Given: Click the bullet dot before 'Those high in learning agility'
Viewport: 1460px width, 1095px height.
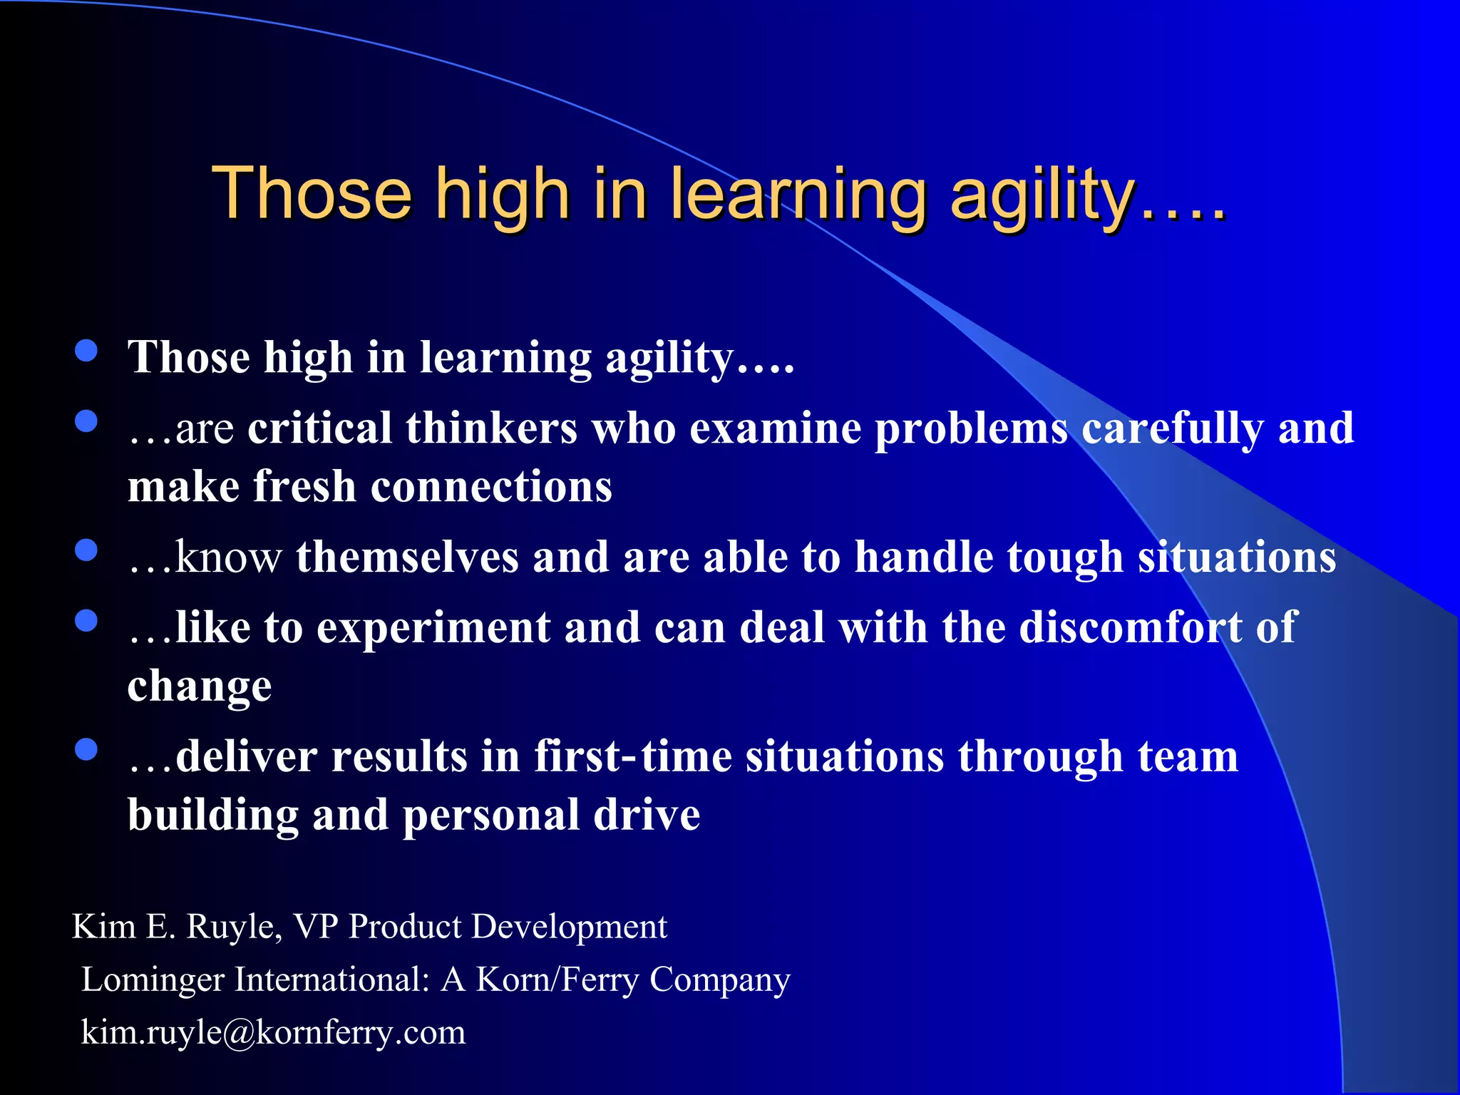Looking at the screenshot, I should pyautogui.click(x=86, y=351).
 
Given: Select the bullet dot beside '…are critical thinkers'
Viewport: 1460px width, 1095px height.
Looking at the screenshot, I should pyautogui.click(x=86, y=421).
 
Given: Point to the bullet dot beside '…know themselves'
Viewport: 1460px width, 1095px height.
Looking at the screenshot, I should pyautogui.click(x=86, y=550).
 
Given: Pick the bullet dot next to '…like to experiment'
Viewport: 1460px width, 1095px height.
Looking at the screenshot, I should pyautogui.click(x=86, y=620).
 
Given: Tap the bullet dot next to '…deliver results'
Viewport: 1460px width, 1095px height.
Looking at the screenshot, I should pyautogui.click(x=86, y=749).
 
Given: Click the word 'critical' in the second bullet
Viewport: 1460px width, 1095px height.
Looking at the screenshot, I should pyautogui.click(x=319, y=428).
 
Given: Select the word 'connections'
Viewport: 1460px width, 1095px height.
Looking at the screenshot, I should pyautogui.click(x=491, y=487).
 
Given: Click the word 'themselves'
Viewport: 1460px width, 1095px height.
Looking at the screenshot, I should pyautogui.click(x=407, y=557).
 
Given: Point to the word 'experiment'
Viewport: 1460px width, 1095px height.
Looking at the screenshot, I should pyautogui.click(x=433, y=629).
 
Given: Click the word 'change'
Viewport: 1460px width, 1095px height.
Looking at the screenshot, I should pyautogui.click(x=200, y=687).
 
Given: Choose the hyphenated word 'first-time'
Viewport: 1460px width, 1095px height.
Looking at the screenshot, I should pyautogui.click(x=633, y=756).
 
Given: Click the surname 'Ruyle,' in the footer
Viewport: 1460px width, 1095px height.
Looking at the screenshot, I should pyautogui.click(x=235, y=927).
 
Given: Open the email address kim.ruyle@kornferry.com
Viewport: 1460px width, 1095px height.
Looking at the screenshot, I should pyautogui.click(x=273, y=1032).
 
